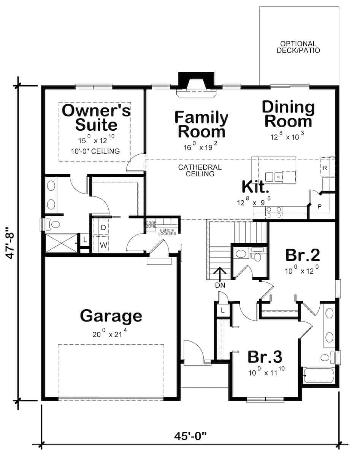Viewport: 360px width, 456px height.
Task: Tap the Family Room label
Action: point(201,125)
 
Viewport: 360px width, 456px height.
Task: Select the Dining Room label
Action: point(288,114)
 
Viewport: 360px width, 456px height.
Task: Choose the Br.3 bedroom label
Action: point(265,357)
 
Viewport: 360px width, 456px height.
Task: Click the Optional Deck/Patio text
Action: point(298,47)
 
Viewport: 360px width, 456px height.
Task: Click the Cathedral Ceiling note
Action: point(200,171)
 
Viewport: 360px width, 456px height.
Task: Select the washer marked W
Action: point(103,245)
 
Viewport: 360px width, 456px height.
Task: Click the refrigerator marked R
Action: point(325,167)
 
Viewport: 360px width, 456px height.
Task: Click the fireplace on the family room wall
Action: point(196,82)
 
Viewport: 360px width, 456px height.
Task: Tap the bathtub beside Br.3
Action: point(319,375)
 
